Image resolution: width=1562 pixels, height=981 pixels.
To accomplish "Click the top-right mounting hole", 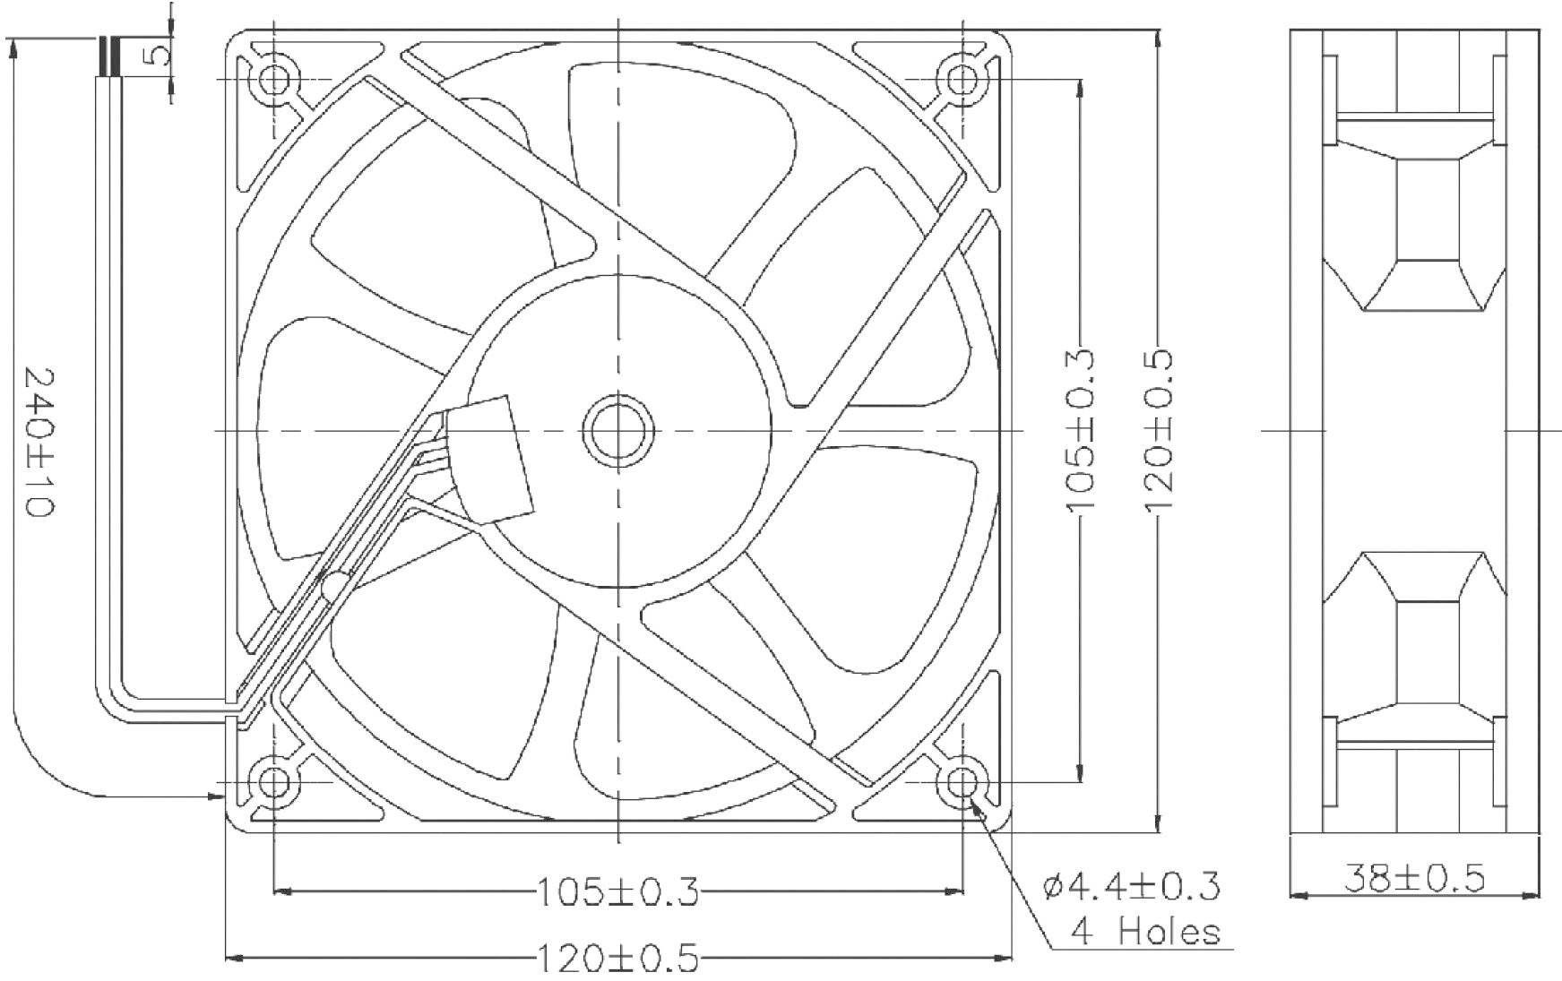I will (x=962, y=80).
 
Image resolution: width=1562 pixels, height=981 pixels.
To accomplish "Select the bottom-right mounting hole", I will (x=962, y=782).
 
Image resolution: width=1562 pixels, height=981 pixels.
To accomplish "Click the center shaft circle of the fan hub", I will (x=617, y=431).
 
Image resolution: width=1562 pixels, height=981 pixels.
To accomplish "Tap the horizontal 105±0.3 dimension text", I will (x=617, y=891).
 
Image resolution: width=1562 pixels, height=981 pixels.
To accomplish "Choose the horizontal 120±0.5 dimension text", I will (x=617, y=959).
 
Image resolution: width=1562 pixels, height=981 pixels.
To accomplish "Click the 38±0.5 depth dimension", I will (x=1414, y=878).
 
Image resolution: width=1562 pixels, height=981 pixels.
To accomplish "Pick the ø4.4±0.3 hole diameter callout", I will (x=1131, y=886).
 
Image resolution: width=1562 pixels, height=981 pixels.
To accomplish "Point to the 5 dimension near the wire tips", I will (x=158, y=56).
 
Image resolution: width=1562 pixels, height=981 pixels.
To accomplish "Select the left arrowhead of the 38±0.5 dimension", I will (x=1296, y=894).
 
